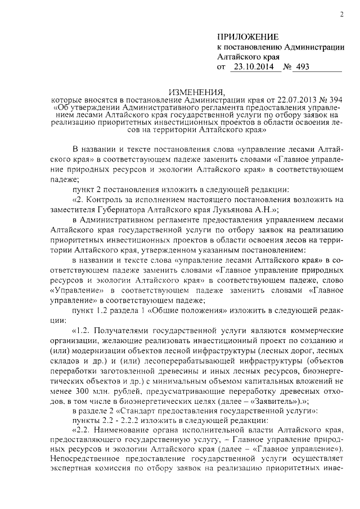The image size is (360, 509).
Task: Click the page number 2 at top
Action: (x=341, y=15)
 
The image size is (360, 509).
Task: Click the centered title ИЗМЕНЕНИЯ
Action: (x=197, y=92)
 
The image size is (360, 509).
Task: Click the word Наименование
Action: (x=125, y=429)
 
